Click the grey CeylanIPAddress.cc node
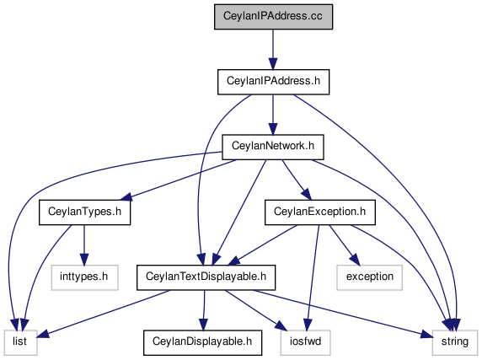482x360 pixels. [x=273, y=17]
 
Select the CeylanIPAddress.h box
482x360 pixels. [x=273, y=82]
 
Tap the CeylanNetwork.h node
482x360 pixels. [x=273, y=147]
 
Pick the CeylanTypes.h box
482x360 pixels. [x=84, y=212]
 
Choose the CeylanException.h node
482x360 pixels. [x=319, y=212]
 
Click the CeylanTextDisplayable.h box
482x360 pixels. [x=206, y=277]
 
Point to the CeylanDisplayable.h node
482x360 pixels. [x=202, y=342]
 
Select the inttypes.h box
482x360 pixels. [x=84, y=277]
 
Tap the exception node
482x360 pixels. [x=369, y=277]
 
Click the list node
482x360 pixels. [x=21, y=342]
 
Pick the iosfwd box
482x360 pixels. [x=306, y=342]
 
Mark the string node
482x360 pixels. [x=455, y=342]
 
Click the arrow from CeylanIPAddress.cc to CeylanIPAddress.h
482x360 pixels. [x=273, y=50]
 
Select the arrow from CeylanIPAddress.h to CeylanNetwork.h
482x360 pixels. [x=273, y=115]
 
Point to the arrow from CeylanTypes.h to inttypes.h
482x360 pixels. [x=84, y=244]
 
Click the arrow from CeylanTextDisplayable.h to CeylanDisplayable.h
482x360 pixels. [x=203, y=310]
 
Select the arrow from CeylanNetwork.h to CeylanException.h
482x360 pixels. [x=297, y=180]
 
